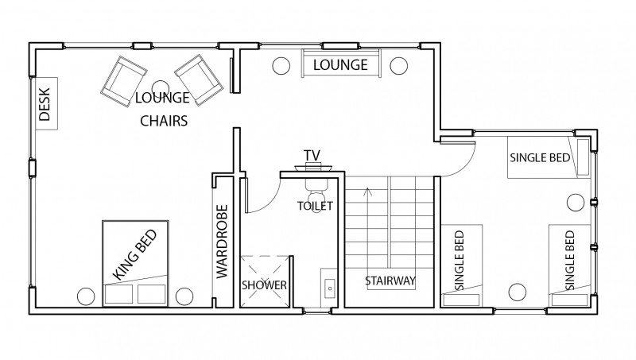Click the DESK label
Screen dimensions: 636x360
[45, 104]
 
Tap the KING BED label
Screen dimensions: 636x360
[134, 254]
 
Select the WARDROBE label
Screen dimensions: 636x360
[223, 242]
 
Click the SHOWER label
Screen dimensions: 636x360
[264, 285]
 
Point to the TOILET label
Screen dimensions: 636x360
[315, 206]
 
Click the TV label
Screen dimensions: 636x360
[312, 155]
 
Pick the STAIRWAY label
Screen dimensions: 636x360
[390, 281]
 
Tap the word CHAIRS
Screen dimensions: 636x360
[164, 121]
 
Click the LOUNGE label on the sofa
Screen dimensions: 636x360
[340, 65]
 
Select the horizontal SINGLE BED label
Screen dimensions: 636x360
[540, 157]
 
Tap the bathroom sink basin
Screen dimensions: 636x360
[330, 288]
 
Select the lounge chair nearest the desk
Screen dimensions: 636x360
[123, 81]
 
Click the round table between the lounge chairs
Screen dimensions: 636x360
[161, 87]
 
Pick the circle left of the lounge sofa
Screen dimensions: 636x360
[281, 66]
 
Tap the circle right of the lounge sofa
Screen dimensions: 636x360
[399, 66]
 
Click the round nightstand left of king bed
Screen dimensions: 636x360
[86, 296]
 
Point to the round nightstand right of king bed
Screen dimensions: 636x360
[184, 296]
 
